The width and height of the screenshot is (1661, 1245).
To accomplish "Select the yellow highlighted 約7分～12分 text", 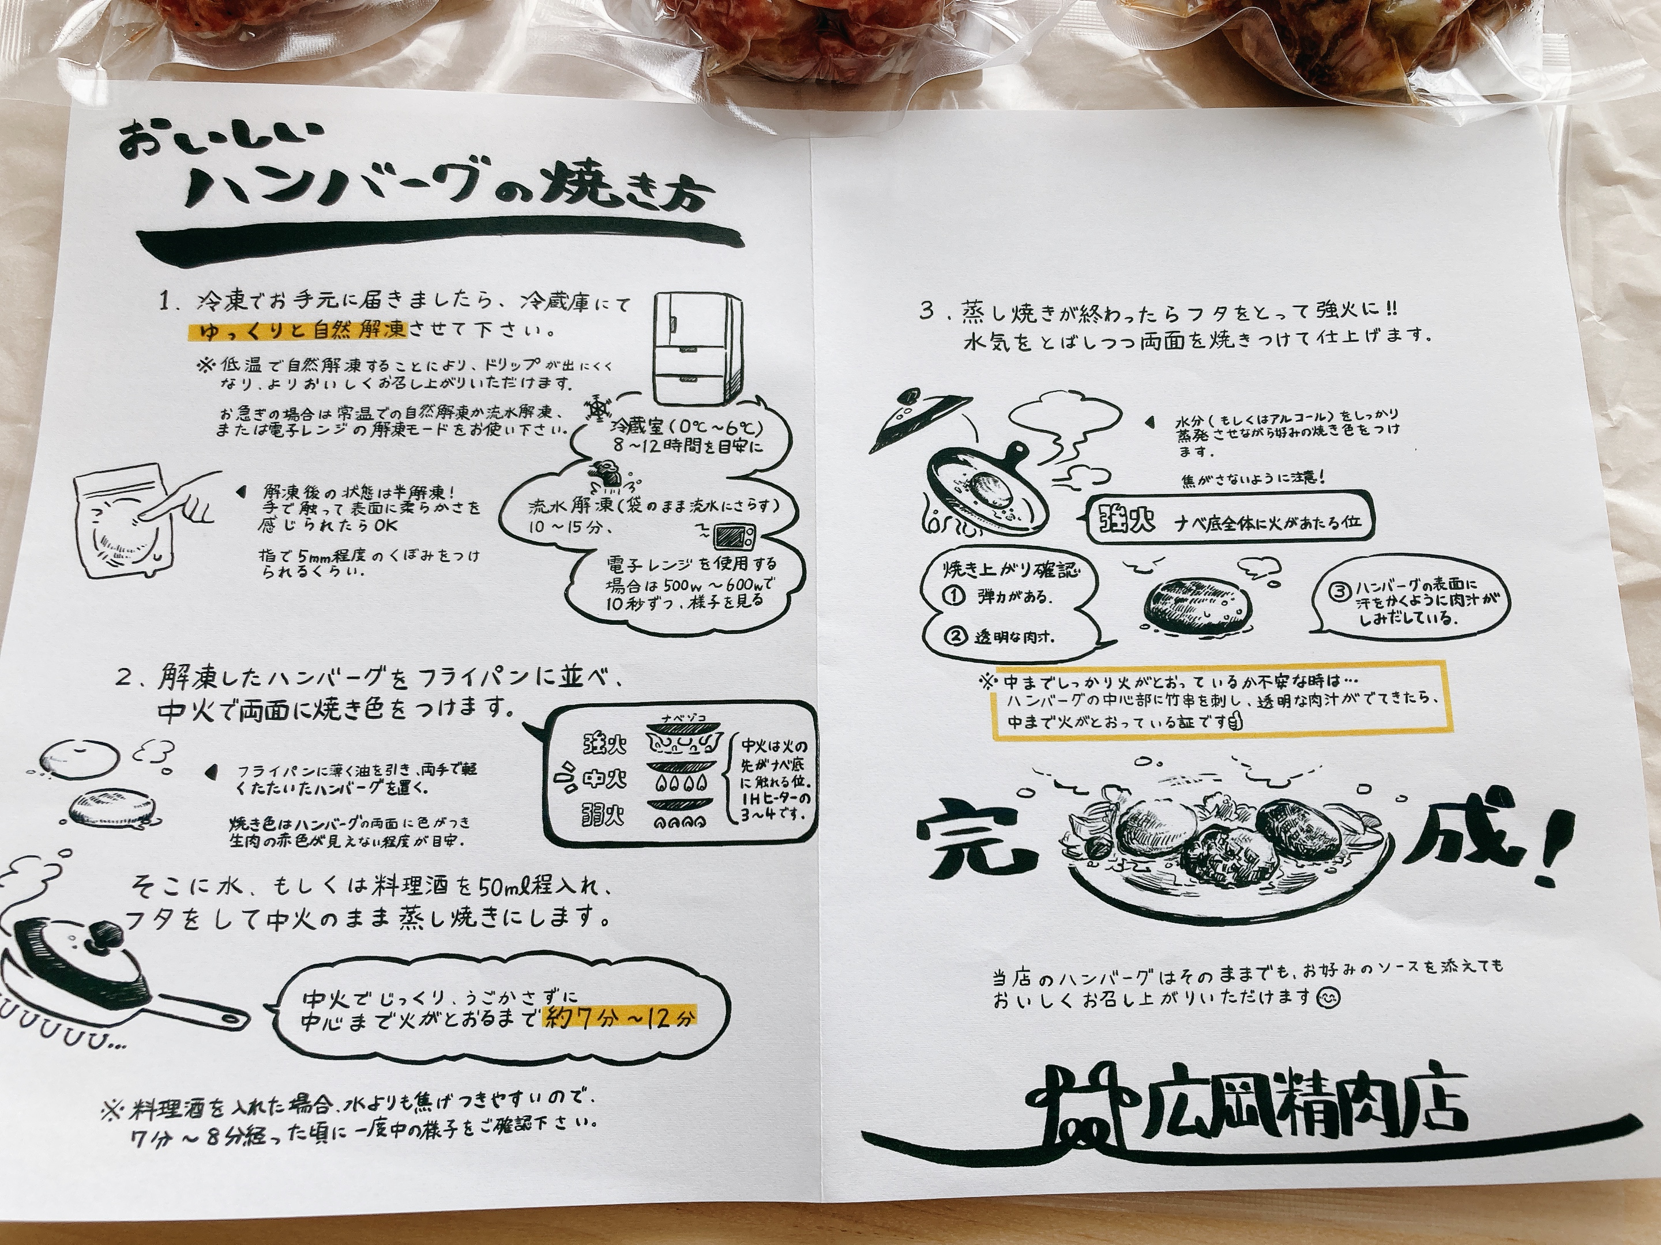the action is pyautogui.click(x=620, y=1017).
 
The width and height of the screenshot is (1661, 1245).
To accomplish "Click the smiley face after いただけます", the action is pyautogui.click(x=1328, y=998).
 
